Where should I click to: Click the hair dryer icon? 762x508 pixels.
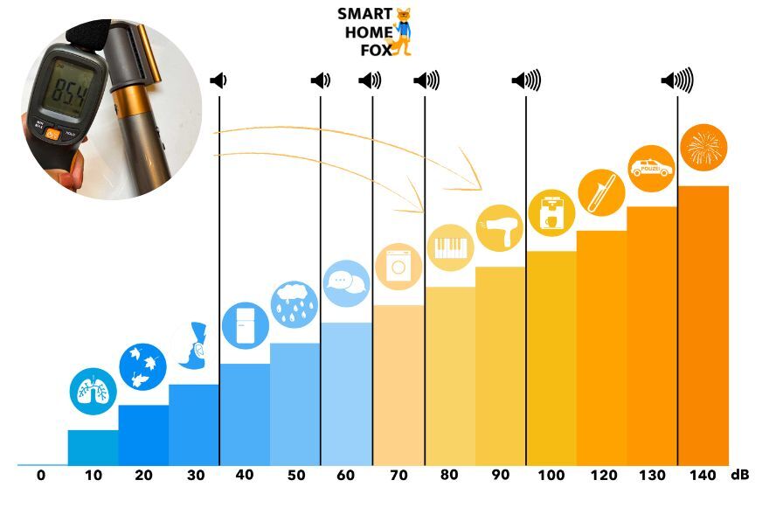[x=499, y=228]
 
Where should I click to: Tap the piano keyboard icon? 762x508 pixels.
[x=449, y=247]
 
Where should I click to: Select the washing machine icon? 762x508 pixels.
[x=398, y=265]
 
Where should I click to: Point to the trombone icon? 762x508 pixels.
[x=600, y=191]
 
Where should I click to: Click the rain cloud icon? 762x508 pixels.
[x=295, y=303]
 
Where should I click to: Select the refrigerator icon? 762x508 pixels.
[x=245, y=324]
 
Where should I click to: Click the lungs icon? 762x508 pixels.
[x=93, y=391]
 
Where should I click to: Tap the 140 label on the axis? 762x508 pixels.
[x=703, y=475]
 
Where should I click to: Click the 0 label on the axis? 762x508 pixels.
[x=41, y=475]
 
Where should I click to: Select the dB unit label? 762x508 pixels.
[x=740, y=475]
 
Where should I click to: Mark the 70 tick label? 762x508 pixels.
[x=398, y=475]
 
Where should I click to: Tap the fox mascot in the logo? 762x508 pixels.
[x=403, y=31]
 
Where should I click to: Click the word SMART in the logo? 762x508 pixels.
[x=365, y=14]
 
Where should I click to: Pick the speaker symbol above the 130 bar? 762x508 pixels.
[x=677, y=81]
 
